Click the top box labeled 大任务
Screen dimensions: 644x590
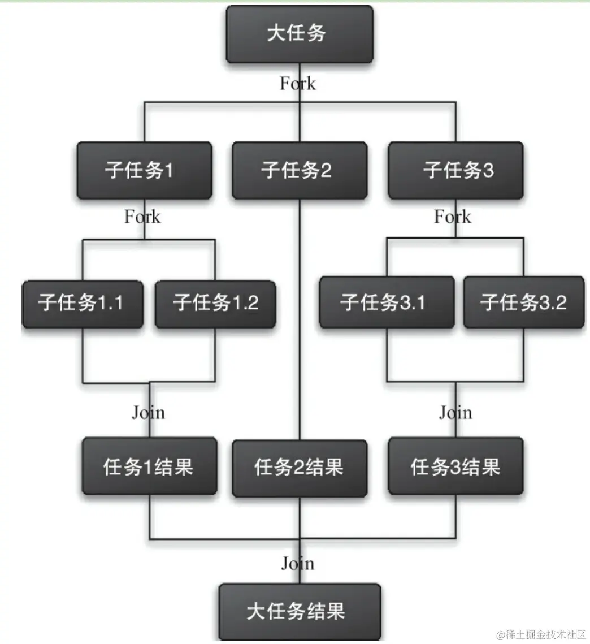299,34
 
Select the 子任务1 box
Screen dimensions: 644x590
144,170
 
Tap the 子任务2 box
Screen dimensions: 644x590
299,170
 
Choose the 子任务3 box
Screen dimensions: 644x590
455,170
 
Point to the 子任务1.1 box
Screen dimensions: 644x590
83,304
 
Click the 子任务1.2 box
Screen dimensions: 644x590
215,304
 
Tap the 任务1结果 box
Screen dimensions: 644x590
149,467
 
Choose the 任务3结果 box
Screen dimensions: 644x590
455,468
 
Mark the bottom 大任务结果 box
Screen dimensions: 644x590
299,611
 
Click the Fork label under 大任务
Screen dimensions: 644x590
298,84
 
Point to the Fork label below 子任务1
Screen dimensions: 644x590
142,217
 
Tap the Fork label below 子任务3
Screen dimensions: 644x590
453,217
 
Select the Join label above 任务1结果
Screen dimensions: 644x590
148,412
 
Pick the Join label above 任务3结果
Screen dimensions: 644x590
455,412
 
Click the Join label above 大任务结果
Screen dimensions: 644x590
298,563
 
